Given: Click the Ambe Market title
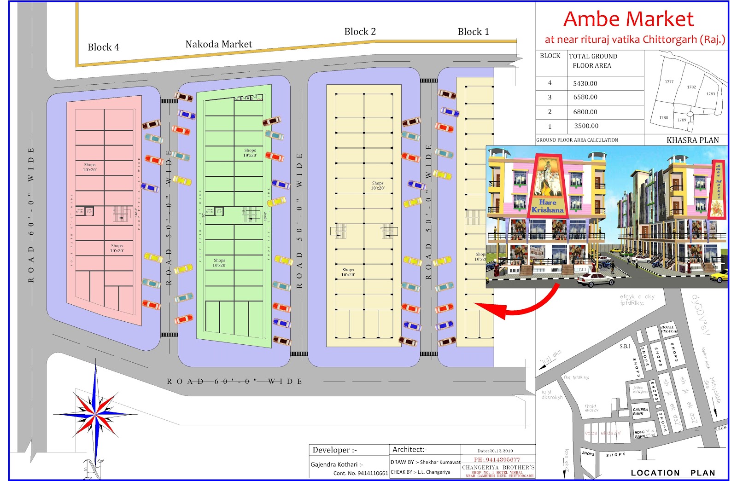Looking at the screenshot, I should coord(628,19).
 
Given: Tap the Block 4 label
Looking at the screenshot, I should coord(103,47).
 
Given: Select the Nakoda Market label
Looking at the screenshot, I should coord(218,44).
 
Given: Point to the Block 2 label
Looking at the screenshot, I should coord(360,32).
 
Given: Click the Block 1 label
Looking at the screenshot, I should coord(473,32).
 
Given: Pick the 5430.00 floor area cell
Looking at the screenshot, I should coord(585,83).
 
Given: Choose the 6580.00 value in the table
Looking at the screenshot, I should coord(585,97).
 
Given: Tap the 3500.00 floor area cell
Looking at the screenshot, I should coord(586,126).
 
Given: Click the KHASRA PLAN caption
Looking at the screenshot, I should coord(692,140).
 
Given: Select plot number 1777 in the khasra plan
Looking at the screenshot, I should coord(669,82).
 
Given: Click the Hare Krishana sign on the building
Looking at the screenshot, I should coord(547,206).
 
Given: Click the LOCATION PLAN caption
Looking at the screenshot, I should coord(673,473).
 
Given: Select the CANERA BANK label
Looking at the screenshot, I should coord(640,411).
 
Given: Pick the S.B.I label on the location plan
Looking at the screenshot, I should coord(625,346).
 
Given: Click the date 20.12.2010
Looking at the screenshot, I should coord(495,451).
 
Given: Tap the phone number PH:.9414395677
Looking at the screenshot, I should coord(497,459).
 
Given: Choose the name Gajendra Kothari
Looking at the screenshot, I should coord(334,464).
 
